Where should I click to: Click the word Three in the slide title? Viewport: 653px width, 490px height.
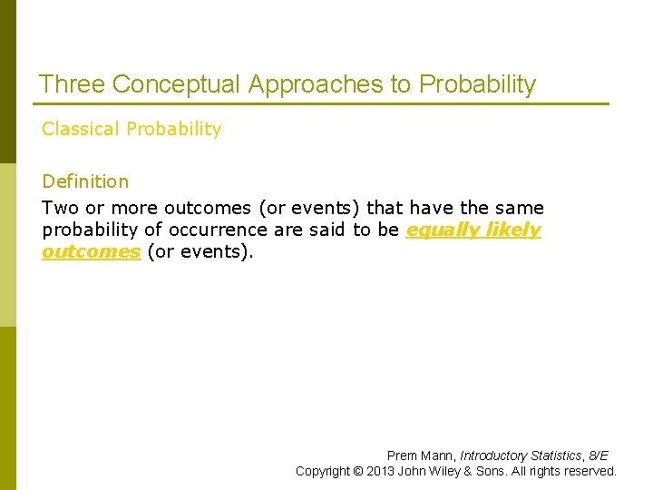[x=72, y=85]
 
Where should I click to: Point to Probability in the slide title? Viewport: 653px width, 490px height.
[x=477, y=85]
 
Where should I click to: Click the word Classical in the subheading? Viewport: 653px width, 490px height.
[x=81, y=129]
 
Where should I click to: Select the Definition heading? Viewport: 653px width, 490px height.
[x=85, y=181]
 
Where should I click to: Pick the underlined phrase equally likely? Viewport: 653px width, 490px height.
[x=473, y=230]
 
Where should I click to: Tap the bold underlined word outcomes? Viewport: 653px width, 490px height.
[x=91, y=251]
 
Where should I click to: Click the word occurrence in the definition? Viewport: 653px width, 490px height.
[x=224, y=230]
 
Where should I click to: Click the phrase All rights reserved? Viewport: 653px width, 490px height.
[x=567, y=471]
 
